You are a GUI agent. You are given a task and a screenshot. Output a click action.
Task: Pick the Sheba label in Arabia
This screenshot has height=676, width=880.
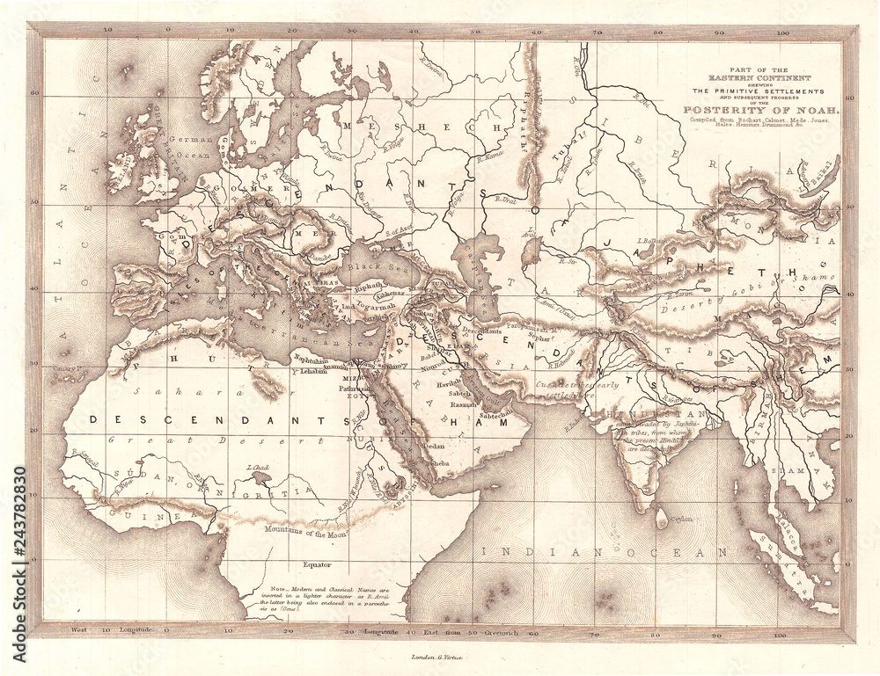click(x=440, y=463)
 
